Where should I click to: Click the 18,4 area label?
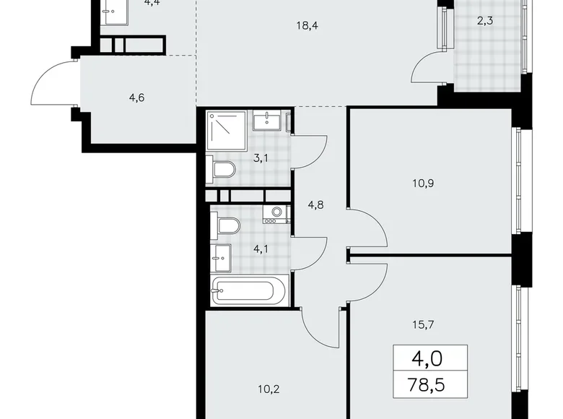307,27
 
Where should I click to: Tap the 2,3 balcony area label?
486,21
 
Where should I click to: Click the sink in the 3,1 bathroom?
266,119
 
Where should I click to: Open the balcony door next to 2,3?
429,69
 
